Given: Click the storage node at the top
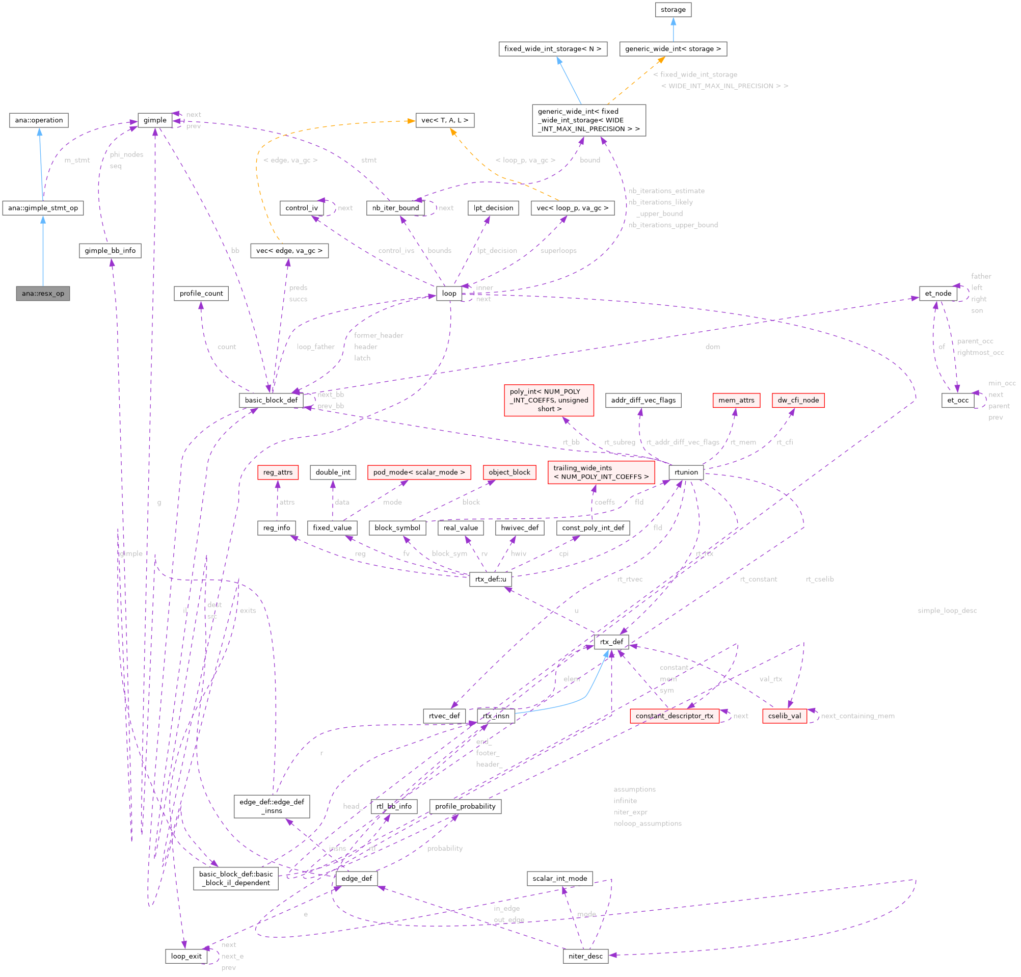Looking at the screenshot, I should pos(673,9).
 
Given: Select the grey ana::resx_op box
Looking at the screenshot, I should pos(43,293).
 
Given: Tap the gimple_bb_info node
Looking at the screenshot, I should pos(110,251).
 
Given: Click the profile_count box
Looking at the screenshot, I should pos(201,293).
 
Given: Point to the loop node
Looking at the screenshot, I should pos(449,293).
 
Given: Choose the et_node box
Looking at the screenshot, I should pos(937,293).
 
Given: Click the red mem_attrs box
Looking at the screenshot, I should pos(736,400).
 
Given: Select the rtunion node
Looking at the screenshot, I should pos(686,472).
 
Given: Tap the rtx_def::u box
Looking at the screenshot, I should pos(491,579).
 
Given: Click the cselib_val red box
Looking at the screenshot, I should pos(784,716).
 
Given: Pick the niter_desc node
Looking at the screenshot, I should pos(585,956).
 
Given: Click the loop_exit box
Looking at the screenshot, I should pos(186,956).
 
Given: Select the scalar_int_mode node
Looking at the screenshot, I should pos(559,879).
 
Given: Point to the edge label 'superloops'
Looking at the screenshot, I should pos(558,251).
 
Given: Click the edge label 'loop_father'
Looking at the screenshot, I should pos(315,347).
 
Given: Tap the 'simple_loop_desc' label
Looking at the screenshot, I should pos(947,611).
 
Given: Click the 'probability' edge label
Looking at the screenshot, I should pos(445,849).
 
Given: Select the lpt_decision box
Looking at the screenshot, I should pos(493,208).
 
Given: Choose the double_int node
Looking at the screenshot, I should pos(333,472).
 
